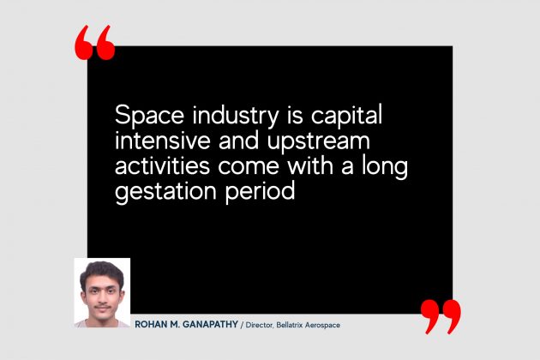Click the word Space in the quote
coord(149,116)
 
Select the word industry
coord(236,116)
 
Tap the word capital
coord(346,116)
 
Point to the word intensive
coord(163,141)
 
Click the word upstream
coord(319,141)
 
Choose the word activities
coord(162,165)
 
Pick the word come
coord(249,167)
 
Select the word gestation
coord(165,192)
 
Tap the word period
coord(260,191)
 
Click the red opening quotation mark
coord(94,43)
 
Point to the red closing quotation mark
coord(441,317)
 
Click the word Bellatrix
coord(290,325)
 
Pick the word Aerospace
coord(322,325)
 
